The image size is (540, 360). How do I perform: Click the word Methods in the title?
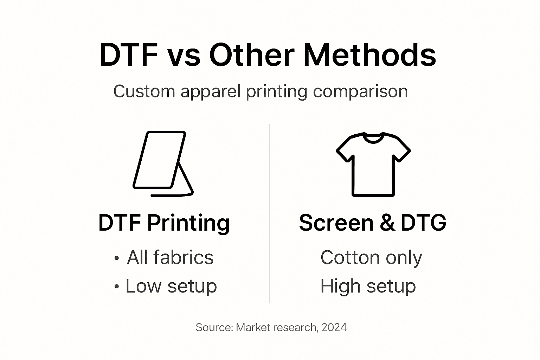(369, 55)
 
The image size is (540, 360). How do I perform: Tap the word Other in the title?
(251, 55)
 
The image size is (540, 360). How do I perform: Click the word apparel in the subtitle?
(210, 92)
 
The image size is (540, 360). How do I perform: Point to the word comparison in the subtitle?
(360, 92)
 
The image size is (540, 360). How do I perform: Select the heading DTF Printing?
(164, 223)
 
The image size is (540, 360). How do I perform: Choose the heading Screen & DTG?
(372, 223)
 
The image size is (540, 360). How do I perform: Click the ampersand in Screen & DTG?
(387, 223)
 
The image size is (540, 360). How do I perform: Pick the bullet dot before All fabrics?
(117, 258)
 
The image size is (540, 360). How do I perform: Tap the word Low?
(144, 286)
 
